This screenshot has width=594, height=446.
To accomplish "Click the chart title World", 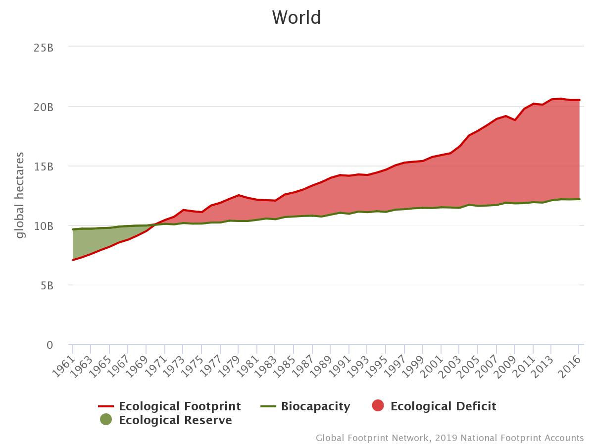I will pyautogui.click(x=297, y=18).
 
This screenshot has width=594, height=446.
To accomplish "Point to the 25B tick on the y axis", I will pyautogui.click(x=43, y=48).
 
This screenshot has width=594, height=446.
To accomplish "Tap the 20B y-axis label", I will pyautogui.click(x=43, y=107).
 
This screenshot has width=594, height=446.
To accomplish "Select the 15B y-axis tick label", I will pyautogui.click(x=43, y=167).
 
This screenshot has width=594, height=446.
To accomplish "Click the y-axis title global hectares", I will pyautogui.click(x=20, y=195).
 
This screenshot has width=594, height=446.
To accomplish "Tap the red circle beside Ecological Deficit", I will pyautogui.click(x=378, y=406).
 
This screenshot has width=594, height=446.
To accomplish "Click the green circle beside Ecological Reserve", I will pyautogui.click(x=106, y=420).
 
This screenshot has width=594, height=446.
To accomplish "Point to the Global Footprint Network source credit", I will pyautogui.click(x=449, y=438).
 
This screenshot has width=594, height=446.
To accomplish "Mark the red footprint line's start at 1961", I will pyautogui.click(x=73, y=260).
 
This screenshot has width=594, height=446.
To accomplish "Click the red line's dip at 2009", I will pyautogui.click(x=515, y=120).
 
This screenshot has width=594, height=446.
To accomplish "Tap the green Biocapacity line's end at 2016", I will pyautogui.click(x=579, y=199).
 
